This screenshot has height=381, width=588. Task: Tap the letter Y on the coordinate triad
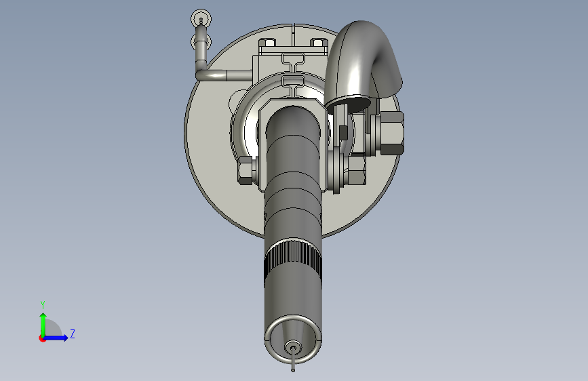pos(43,304)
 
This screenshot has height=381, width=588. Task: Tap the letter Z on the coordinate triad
pos(73,334)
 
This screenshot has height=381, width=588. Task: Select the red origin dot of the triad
pos(41,338)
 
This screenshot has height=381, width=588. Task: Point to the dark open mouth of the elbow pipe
pos(349,103)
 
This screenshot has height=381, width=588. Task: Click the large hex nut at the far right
pos(392,133)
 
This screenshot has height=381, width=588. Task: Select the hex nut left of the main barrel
pos(246,171)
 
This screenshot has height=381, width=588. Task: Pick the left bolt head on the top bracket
pos(267,42)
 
